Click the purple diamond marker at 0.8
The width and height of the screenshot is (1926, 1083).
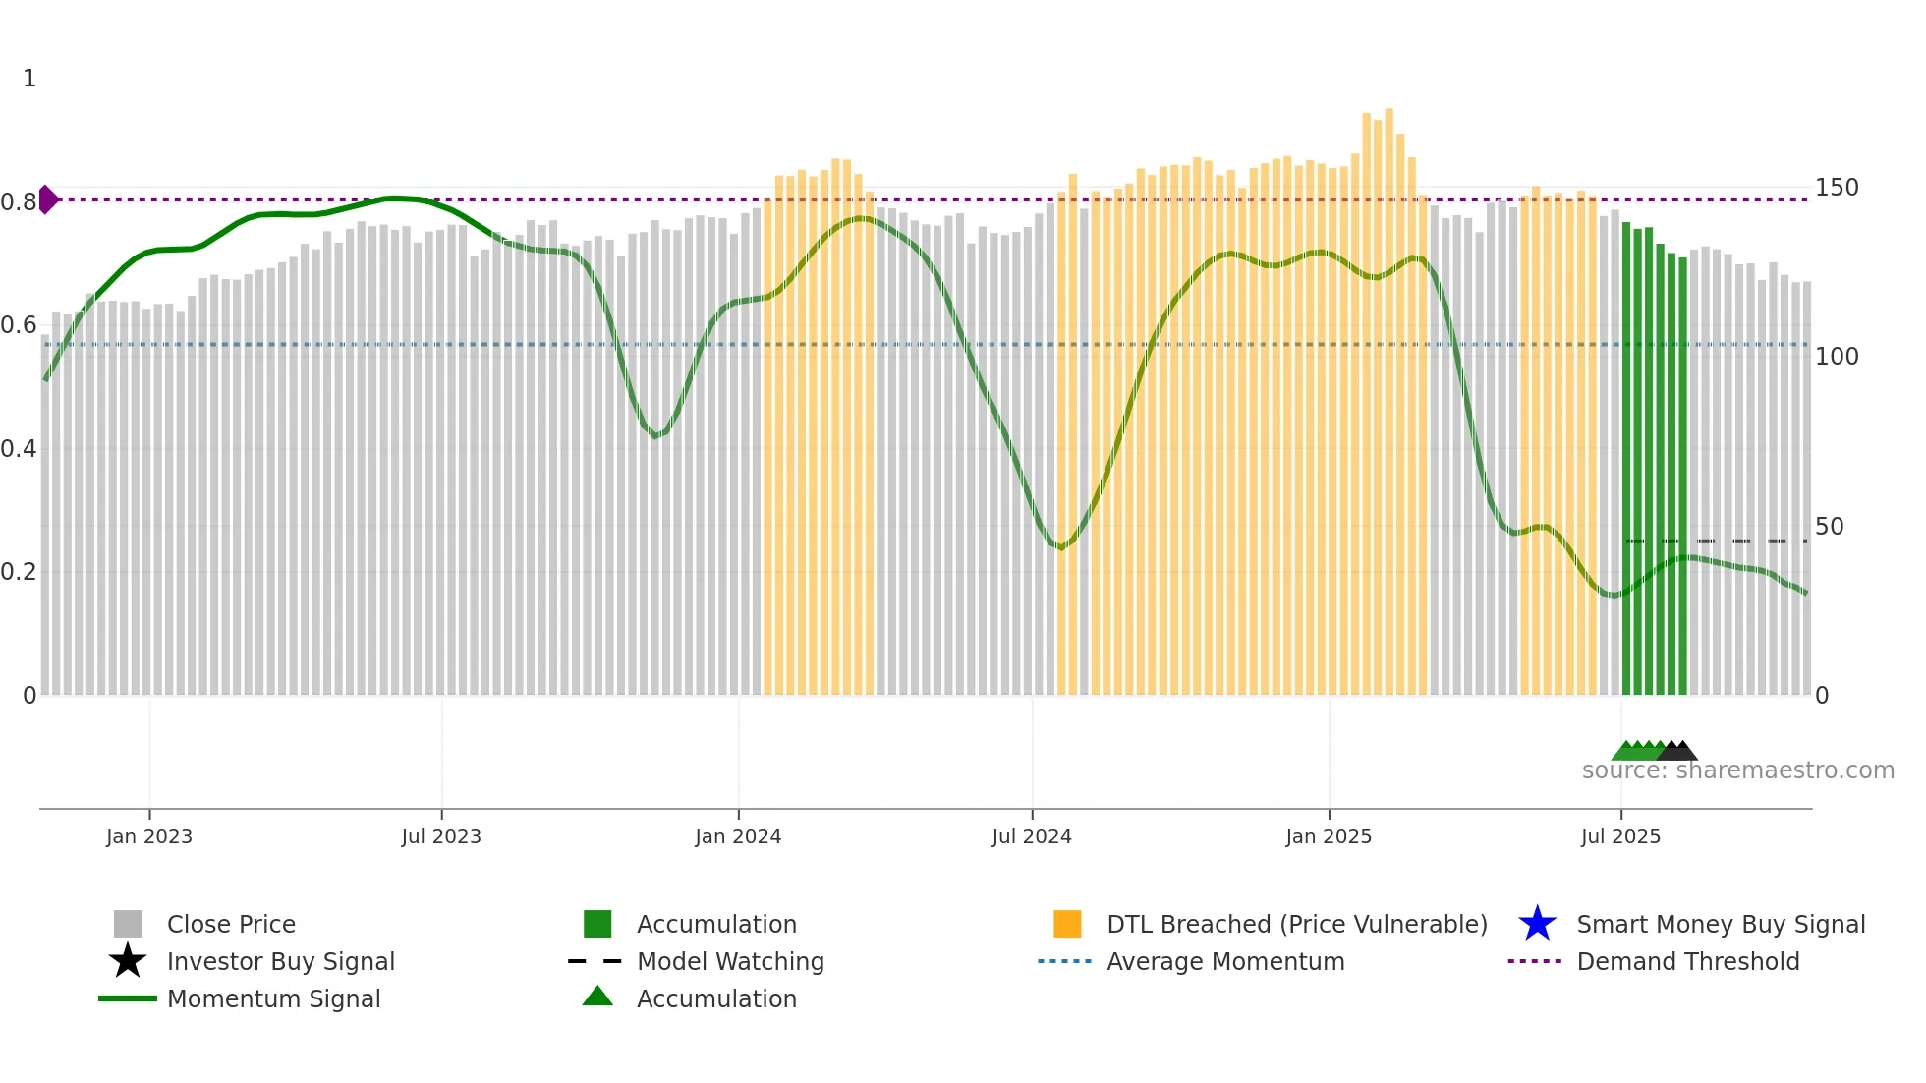coord(48,199)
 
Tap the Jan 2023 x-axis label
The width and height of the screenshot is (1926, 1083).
coord(149,836)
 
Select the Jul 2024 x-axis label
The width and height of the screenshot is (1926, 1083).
coord(1032,836)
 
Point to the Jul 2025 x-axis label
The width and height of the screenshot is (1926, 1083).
coord(1620,836)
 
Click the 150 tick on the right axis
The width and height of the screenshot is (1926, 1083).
coord(1837,188)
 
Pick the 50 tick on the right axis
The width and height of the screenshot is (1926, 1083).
coord(1830,527)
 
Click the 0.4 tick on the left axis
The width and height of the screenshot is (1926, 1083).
coord(19,449)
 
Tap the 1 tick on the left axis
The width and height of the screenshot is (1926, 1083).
coord(29,79)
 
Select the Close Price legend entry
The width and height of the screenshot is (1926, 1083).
coord(231,924)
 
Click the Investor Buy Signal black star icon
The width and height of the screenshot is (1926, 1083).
coord(128,961)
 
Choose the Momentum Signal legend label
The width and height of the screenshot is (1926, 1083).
coord(273,998)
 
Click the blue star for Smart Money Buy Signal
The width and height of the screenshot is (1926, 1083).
coord(1537,924)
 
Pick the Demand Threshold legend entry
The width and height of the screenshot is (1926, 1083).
coord(1687,961)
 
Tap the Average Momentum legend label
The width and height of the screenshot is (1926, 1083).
coord(1225,961)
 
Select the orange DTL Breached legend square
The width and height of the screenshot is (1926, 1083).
coord(1067,924)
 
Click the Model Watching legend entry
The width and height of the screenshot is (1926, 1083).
coord(730,961)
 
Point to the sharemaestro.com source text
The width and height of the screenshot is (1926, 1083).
coord(1737,770)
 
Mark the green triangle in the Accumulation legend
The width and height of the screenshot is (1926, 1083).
coord(597,997)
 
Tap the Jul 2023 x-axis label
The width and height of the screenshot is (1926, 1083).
coord(441,836)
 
